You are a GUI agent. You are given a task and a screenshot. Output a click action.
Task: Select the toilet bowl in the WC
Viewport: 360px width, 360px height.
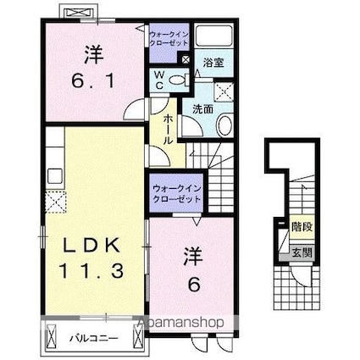[176, 80]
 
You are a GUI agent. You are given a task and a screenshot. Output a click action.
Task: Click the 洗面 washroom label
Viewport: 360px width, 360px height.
[202, 109]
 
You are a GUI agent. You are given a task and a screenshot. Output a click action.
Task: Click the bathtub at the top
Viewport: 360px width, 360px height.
[215, 38]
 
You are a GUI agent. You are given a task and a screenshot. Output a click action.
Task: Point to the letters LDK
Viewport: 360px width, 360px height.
[94, 246]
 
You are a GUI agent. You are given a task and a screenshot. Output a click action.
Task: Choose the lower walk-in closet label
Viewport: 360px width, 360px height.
[177, 191]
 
